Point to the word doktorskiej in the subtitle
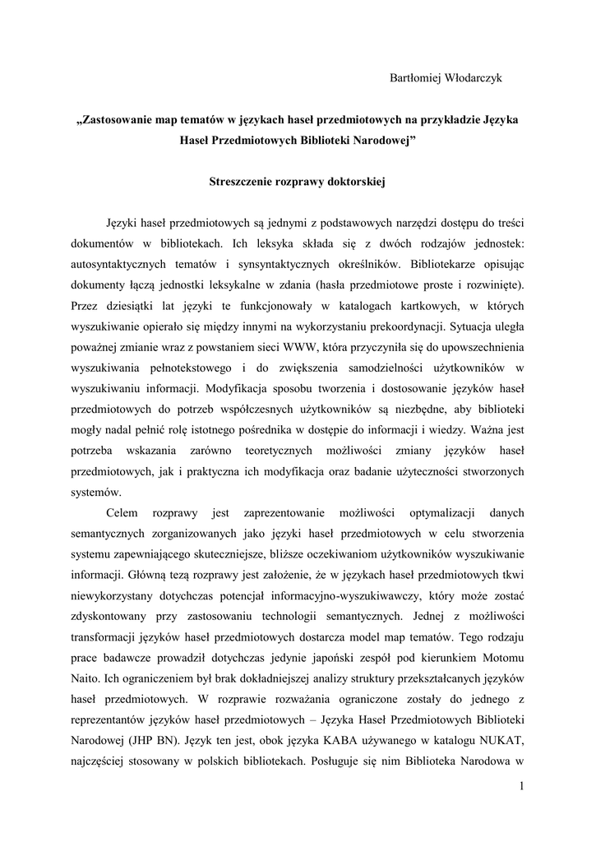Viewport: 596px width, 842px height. pyautogui.click(x=356, y=180)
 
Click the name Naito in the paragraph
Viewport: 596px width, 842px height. pyautogui.click(x=86, y=679)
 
